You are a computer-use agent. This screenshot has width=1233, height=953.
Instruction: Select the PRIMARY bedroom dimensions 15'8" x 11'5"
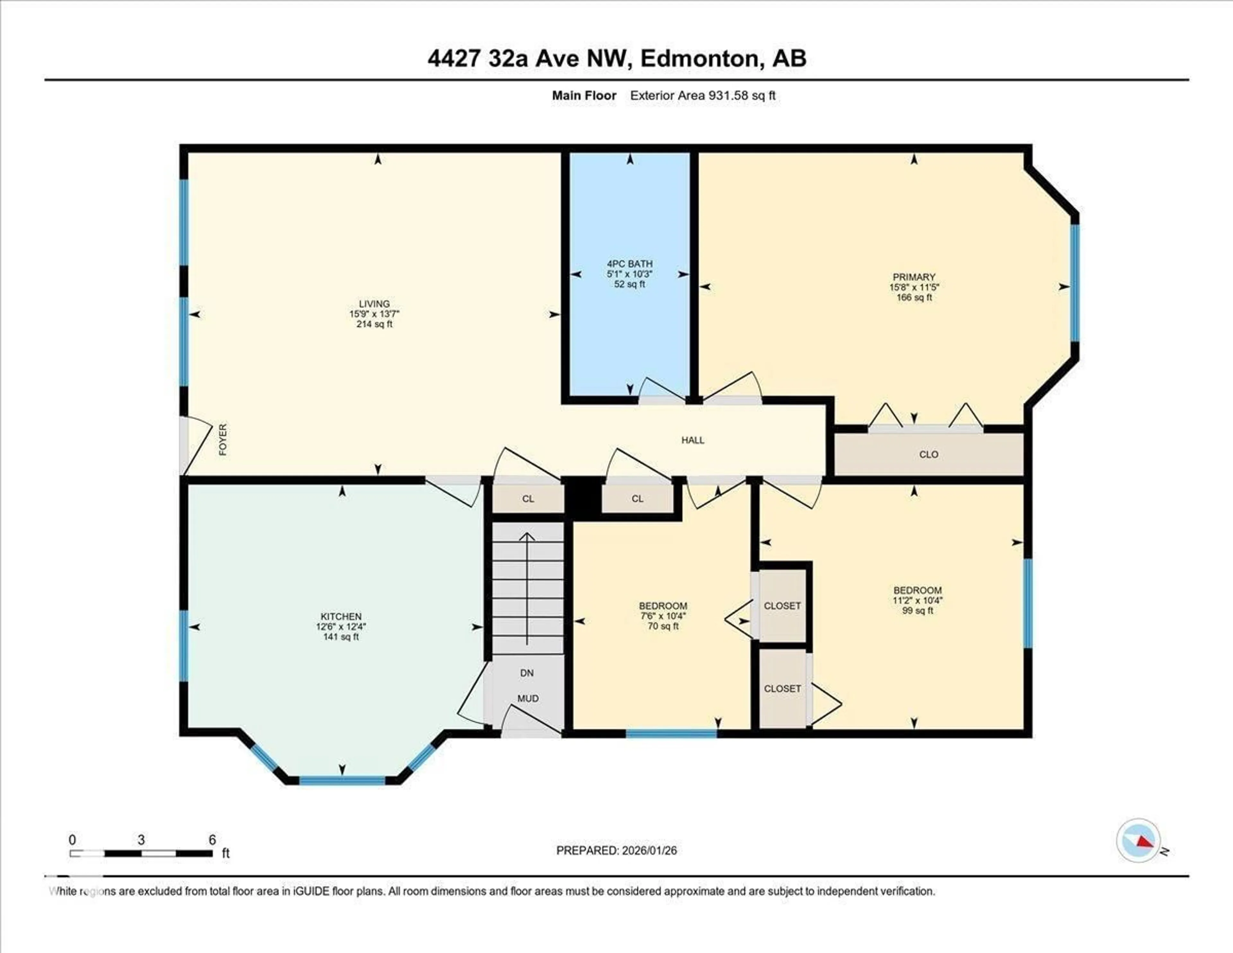[914, 287]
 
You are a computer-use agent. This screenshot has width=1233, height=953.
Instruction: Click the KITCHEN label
[341, 616]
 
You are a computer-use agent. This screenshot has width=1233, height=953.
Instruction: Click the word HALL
[693, 440]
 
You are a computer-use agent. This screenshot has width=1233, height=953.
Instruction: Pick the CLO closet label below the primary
[929, 454]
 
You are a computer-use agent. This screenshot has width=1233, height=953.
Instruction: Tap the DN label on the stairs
[527, 673]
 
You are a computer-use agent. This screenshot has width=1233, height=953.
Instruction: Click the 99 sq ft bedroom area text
[917, 611]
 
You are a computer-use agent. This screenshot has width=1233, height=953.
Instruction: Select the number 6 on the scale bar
[212, 840]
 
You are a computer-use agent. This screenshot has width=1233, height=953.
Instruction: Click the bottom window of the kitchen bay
[342, 780]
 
